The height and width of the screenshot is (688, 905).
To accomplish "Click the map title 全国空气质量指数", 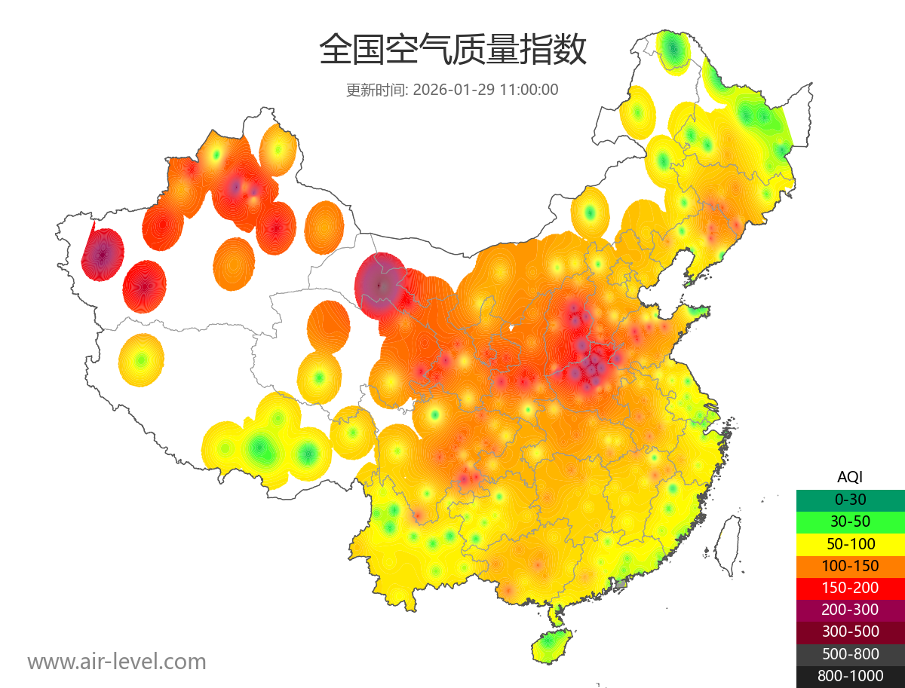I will tap(452, 50).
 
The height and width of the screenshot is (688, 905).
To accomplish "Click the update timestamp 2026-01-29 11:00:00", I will tap(486, 90).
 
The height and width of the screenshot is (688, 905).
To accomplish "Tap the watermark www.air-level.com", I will tap(117, 662).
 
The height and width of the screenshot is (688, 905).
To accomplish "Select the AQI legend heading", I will tap(850, 476).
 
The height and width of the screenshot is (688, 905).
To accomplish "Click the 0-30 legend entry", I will tap(850, 500).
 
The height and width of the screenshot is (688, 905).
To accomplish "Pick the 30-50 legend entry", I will tap(850, 521).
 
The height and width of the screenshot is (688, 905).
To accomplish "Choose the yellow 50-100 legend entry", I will tap(850, 543).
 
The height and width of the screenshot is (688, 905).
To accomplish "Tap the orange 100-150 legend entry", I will tap(850, 566).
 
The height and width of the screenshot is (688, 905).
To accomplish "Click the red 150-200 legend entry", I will tap(850, 588).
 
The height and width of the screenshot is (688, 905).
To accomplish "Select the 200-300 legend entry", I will tap(850, 610).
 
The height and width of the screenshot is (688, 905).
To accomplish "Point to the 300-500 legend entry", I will tap(850, 631).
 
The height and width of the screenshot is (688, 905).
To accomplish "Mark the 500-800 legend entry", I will tap(850, 654).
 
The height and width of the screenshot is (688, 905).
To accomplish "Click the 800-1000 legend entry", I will tap(850, 676).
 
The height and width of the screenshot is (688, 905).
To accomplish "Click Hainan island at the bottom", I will tap(551, 646).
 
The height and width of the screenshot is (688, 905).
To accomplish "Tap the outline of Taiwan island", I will tap(727, 544).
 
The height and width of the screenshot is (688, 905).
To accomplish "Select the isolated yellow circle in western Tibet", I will tap(141, 360).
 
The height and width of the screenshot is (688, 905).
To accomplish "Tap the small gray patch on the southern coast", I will tap(621, 584).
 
